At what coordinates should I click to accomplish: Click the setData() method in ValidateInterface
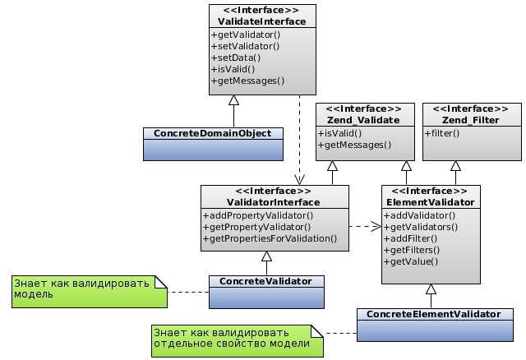click(x=236, y=58)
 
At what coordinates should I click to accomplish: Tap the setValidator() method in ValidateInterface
click(x=246, y=46)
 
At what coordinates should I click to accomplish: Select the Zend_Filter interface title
click(x=471, y=120)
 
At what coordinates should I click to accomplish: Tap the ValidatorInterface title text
click(x=274, y=202)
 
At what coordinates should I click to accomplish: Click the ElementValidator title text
click(x=430, y=202)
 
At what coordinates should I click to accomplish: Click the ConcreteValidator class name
click(x=266, y=281)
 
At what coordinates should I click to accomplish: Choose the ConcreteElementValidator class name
click(x=433, y=314)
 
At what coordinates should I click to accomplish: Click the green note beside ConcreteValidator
click(x=86, y=288)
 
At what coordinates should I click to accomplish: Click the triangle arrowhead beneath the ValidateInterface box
click(x=233, y=100)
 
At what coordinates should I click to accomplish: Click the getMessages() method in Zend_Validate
click(x=354, y=145)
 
